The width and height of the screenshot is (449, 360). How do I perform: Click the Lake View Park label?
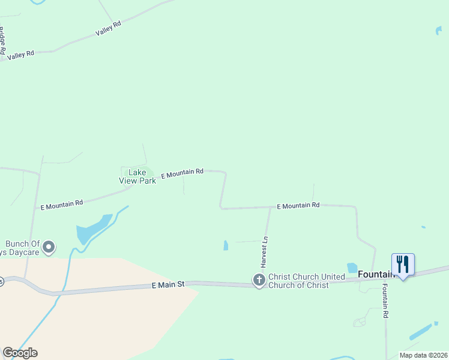(x=138, y=176)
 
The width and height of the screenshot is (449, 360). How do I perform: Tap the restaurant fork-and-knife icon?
(x=403, y=263)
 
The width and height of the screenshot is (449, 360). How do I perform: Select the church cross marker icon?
(x=259, y=280)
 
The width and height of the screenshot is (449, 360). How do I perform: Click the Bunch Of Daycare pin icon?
(x=49, y=247)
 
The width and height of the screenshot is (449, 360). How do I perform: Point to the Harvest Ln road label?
(x=264, y=251)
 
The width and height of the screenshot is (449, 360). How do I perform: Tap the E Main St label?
(x=167, y=284)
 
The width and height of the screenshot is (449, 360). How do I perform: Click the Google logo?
(x=20, y=353)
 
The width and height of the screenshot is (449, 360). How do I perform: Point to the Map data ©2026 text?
(x=423, y=355)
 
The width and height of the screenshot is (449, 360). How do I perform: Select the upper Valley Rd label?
(x=108, y=28)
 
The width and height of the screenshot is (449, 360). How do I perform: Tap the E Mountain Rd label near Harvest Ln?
(x=298, y=206)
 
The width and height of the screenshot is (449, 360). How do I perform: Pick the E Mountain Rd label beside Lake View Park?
(x=182, y=173)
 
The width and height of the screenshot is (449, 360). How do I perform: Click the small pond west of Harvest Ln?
(x=226, y=245)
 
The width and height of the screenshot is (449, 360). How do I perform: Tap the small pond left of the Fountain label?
(x=352, y=268)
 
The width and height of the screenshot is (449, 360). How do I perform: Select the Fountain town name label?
(x=375, y=274)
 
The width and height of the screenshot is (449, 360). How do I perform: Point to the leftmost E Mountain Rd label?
(x=61, y=205)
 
